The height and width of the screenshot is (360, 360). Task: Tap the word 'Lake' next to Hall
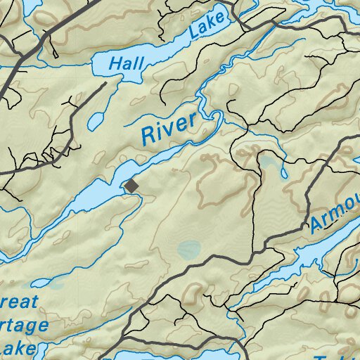207,26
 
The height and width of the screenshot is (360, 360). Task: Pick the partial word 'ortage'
25,327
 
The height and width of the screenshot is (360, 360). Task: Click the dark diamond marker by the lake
131,186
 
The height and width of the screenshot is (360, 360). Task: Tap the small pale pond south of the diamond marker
188,248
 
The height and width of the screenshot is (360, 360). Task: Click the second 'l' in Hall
141,63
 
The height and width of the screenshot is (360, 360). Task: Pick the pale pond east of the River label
269,163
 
